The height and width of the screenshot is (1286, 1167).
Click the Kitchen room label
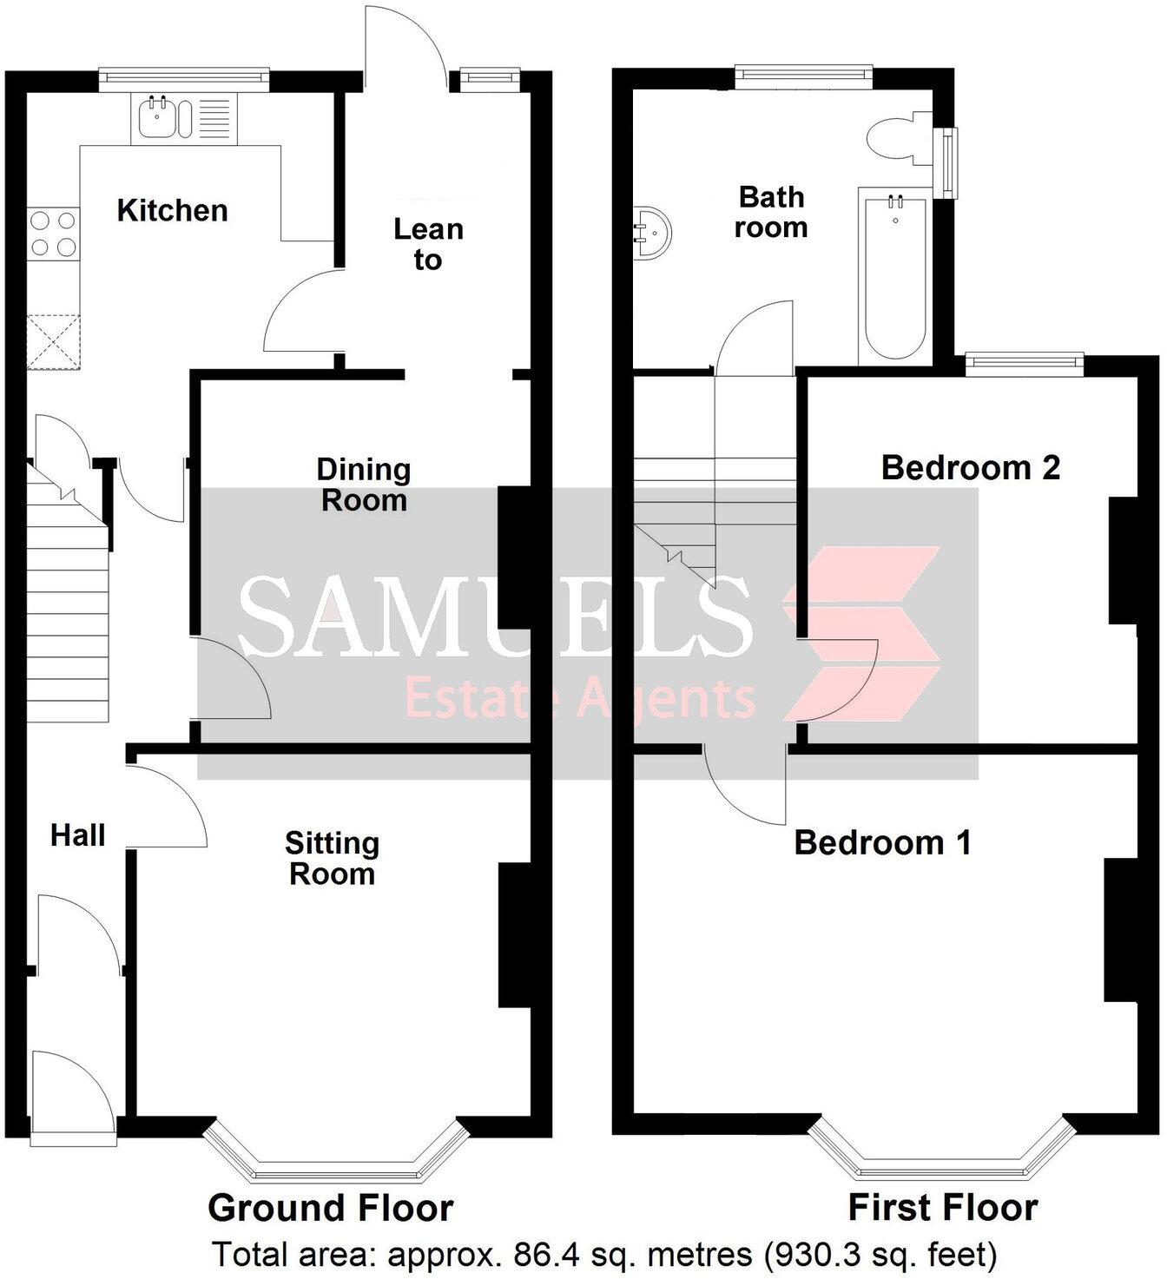[172, 210]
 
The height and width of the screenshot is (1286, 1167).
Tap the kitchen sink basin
[159, 118]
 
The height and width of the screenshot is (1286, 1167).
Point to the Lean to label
[428, 244]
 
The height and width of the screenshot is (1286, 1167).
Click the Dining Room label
[364, 485]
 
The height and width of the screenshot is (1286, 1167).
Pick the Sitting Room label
[332, 858]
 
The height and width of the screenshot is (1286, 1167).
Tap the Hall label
[77, 835]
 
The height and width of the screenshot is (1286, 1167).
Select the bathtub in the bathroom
[895, 277]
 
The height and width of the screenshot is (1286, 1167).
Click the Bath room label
[771, 212]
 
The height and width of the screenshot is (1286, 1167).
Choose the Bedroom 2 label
[970, 468]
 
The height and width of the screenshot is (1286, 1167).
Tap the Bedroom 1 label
[882, 842]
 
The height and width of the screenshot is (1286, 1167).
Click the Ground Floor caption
[330, 1208]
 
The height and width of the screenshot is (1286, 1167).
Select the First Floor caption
[942, 1208]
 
